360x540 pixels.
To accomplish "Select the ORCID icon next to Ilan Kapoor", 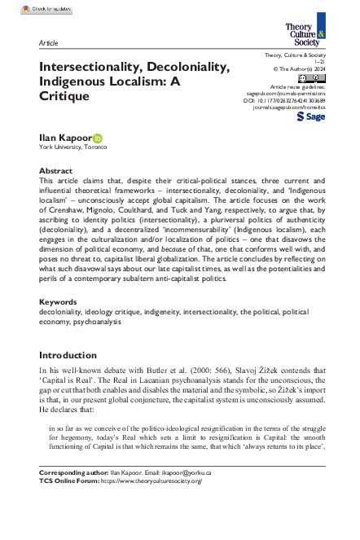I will (99, 138).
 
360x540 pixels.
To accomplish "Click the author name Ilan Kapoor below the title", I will (65, 138).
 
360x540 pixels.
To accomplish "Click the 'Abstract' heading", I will (56, 171).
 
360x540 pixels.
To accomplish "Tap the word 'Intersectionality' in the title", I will (99, 65).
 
